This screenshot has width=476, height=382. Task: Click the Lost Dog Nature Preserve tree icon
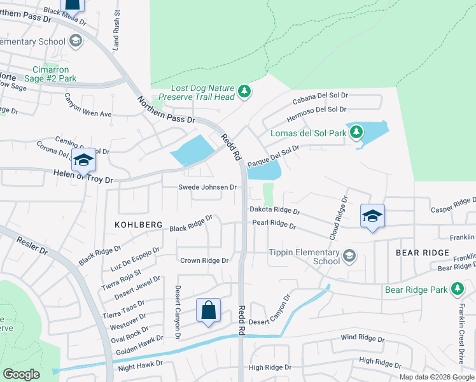coord(244,92)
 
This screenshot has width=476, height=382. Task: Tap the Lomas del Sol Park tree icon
coord(356,132)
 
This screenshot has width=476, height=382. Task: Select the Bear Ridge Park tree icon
coord(456,289)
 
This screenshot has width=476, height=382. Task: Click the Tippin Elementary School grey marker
coord(349,256)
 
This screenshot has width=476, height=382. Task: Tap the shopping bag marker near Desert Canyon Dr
coord(208,311)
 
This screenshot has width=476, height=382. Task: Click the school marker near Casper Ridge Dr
coord(372,216)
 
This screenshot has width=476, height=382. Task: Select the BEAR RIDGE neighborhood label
coord(423,253)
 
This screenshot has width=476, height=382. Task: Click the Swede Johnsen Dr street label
coord(207,187)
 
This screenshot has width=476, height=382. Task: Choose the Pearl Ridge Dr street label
coord(274,225)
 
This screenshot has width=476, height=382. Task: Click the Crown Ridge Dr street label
coord(204,260)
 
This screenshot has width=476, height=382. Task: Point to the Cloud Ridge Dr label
coord(338,218)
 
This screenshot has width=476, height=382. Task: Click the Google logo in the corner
coord(21,374)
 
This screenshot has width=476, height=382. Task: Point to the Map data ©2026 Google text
coord(436,376)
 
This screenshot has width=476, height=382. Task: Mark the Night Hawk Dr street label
coord(140,368)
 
